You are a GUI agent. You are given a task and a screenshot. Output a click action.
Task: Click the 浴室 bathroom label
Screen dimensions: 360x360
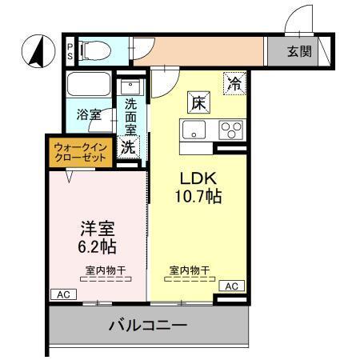click(x=89, y=114)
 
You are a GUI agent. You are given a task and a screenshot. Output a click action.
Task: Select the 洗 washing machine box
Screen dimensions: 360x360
click(x=129, y=146)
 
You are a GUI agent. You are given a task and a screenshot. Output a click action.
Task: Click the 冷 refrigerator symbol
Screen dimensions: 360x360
click(x=235, y=82)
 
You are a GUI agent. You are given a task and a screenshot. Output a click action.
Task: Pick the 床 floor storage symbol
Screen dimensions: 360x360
click(x=198, y=102)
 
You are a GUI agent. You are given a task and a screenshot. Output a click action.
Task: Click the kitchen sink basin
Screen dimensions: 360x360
click(x=194, y=129)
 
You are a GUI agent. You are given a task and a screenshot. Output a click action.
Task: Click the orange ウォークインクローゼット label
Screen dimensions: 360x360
click(x=80, y=152)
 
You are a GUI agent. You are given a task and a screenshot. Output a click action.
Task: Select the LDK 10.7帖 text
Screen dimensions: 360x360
click(x=198, y=186)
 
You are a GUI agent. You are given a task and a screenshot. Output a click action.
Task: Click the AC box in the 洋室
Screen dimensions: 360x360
click(x=62, y=294)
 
